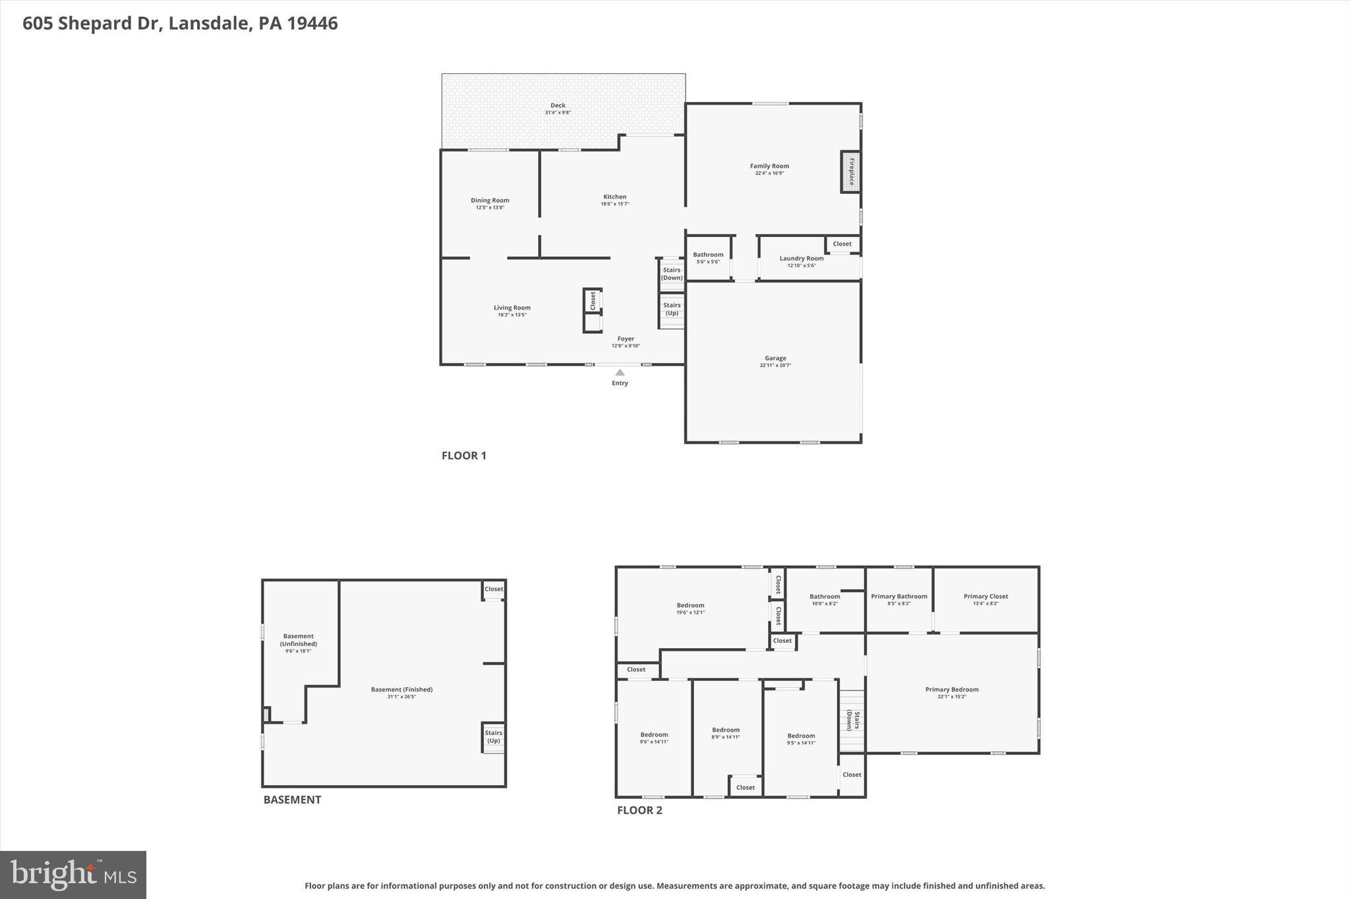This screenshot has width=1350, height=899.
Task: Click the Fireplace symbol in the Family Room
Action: [850, 172]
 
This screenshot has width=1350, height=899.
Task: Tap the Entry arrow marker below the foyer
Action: [620, 373]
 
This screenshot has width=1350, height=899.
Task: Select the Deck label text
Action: [558, 105]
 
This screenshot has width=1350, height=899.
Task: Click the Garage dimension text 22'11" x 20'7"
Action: [775, 366]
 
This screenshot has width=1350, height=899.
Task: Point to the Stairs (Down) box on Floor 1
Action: [672, 274]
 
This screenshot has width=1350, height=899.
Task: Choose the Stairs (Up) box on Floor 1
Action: [672, 310]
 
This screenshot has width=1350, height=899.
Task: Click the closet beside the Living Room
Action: [592, 301]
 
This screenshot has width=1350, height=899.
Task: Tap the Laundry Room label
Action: [801, 258]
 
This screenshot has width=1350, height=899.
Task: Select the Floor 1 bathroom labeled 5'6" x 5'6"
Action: [708, 258]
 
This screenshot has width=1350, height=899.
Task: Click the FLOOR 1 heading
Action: [463, 455]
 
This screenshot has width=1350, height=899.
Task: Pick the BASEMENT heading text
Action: [292, 800]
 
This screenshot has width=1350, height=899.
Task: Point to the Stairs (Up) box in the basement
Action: [493, 737]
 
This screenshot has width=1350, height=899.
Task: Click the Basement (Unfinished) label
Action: [298, 640]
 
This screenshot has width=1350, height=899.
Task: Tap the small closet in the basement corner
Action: [493, 589]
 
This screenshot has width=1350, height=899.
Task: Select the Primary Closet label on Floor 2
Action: [985, 597]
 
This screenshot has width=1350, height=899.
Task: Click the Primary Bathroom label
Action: [898, 597]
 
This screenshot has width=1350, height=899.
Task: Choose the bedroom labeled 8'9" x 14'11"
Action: [726, 733]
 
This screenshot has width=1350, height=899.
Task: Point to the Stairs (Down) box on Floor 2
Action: [852, 721]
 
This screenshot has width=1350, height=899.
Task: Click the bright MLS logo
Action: [73, 875]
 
